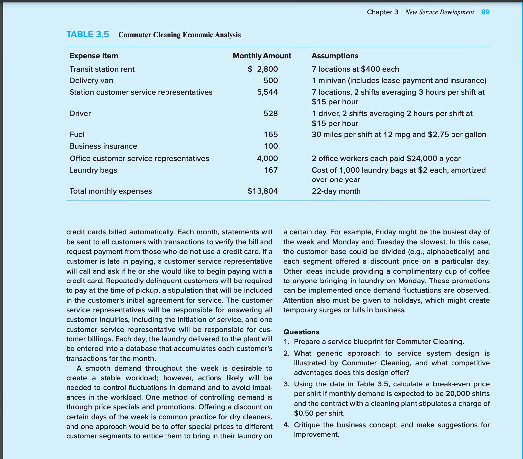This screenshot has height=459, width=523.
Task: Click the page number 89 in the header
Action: pyautogui.click(x=485, y=12)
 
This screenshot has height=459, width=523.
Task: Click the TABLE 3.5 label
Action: pyautogui.click(x=87, y=34)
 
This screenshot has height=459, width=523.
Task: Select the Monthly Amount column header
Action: pyautogui.click(x=262, y=56)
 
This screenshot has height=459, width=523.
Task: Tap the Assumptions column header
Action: pyautogui.click(x=335, y=56)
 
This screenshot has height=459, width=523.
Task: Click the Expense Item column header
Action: pyautogui.click(x=94, y=56)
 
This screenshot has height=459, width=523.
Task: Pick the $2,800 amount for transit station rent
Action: pyautogui.click(x=263, y=69)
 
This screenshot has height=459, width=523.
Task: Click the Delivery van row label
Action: pyautogui.click(x=91, y=80)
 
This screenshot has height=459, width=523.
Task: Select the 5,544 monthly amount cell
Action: pyautogui.click(x=267, y=92)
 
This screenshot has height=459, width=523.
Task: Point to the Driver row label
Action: pyautogui.click(x=80, y=113)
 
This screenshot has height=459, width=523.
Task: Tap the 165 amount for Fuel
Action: pyautogui.click(x=270, y=134)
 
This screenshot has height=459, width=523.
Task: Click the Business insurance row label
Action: pyautogui.click(x=103, y=146)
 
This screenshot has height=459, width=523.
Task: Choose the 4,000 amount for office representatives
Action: pyautogui.click(x=267, y=158)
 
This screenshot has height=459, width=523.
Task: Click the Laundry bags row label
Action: pyautogui.click(x=93, y=170)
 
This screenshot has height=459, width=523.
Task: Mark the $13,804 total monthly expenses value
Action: pyautogui.click(x=262, y=191)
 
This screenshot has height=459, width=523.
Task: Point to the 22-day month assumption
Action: pyautogui.click(x=336, y=191)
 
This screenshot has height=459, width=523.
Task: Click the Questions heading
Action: pyautogui.click(x=301, y=332)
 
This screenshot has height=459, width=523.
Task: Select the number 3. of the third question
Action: pyautogui.click(x=287, y=384)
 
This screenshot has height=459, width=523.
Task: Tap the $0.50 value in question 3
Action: pyautogui.click(x=304, y=413)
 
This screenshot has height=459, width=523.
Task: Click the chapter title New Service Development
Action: pyautogui.click(x=439, y=12)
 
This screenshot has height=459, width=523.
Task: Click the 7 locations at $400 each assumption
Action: pyautogui.click(x=355, y=69)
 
